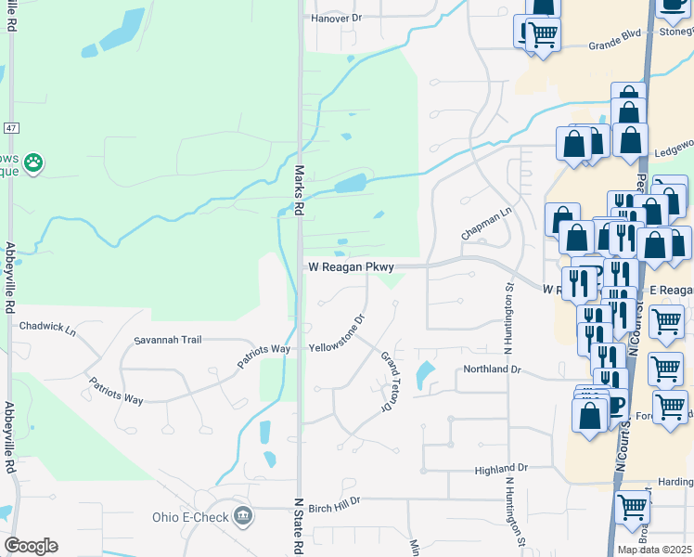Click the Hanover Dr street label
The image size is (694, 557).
pos(322,18)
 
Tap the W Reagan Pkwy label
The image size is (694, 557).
pos(352,267)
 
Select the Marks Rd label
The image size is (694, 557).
pos(299,190)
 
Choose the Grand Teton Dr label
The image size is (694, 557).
pos(392,382)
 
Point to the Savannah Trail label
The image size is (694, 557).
pos(168,340)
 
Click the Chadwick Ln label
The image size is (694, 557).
pos(46,327)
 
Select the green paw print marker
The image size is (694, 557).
pos(33,163)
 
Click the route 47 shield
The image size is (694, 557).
pos(11,126)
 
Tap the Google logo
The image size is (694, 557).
pos(31,545)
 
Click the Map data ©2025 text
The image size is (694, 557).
pos(654,550)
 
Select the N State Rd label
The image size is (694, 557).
pos(299,525)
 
